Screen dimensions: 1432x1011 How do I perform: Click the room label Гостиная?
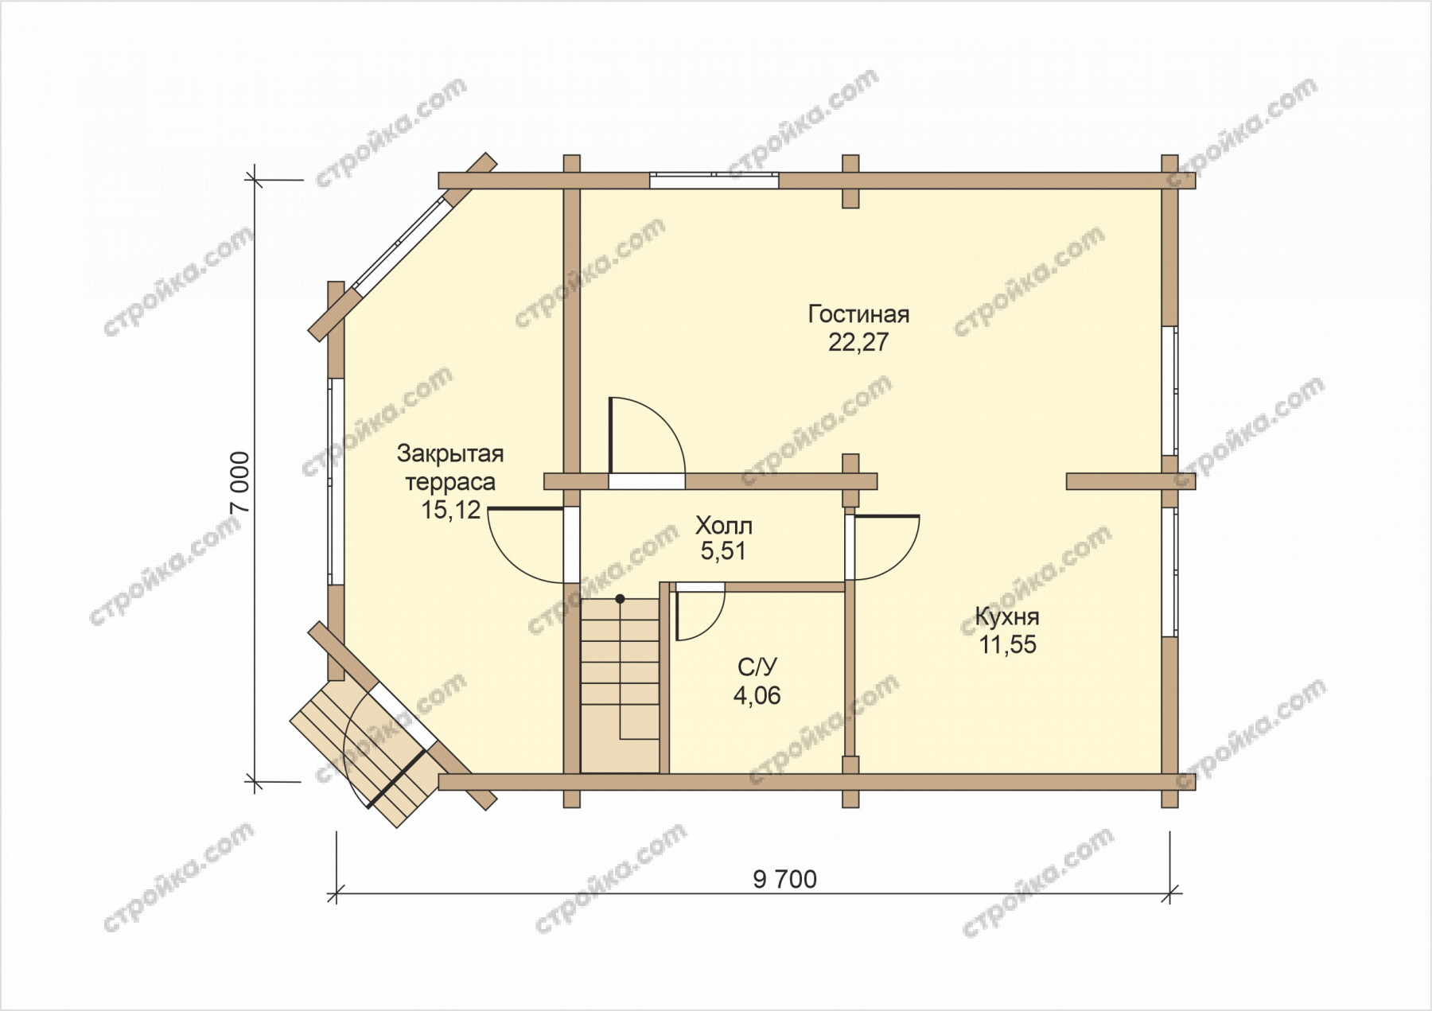pyautogui.click(x=858, y=314)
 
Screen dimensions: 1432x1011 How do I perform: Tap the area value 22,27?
pyautogui.click(x=858, y=343)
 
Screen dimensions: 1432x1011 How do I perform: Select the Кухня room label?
pyautogui.click(x=1007, y=616)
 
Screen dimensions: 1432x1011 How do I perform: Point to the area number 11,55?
pyautogui.click(x=1007, y=645)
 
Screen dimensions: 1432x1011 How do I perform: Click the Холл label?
pyautogui.click(x=723, y=526)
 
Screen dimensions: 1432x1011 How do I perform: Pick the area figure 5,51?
pyautogui.click(x=723, y=551)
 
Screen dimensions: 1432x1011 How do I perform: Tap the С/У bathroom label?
pyautogui.click(x=757, y=667)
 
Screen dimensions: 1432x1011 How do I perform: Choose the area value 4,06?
pyautogui.click(x=757, y=696)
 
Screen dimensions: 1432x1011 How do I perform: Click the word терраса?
pyautogui.click(x=450, y=482)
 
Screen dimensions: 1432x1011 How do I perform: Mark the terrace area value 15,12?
pyautogui.click(x=451, y=510)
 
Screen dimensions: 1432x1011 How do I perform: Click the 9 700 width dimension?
pyautogui.click(x=784, y=879)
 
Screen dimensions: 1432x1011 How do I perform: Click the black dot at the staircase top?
pyautogui.click(x=620, y=598)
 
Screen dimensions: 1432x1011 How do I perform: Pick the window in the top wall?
pyautogui.click(x=714, y=181)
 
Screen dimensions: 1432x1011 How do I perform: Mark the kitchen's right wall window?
pyautogui.click(x=1169, y=572)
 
